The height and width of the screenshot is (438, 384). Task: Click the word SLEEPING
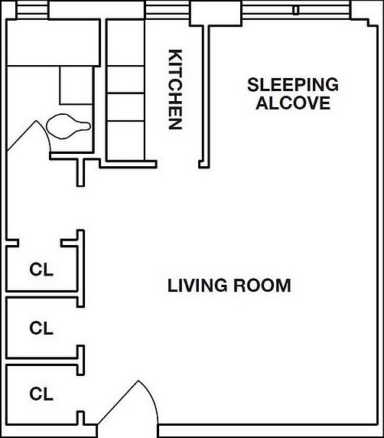pos(293,85)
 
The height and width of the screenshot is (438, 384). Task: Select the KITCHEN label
pos(175,90)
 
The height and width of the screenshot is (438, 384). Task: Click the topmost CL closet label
pos(41,270)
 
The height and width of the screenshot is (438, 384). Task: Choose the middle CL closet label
pos(41,328)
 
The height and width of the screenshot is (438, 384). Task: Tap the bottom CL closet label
pos(41,394)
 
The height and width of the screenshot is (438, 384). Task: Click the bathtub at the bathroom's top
pos(54,42)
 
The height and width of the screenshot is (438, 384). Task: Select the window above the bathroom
pos(31,10)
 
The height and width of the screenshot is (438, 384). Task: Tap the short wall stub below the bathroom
pos(81,172)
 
